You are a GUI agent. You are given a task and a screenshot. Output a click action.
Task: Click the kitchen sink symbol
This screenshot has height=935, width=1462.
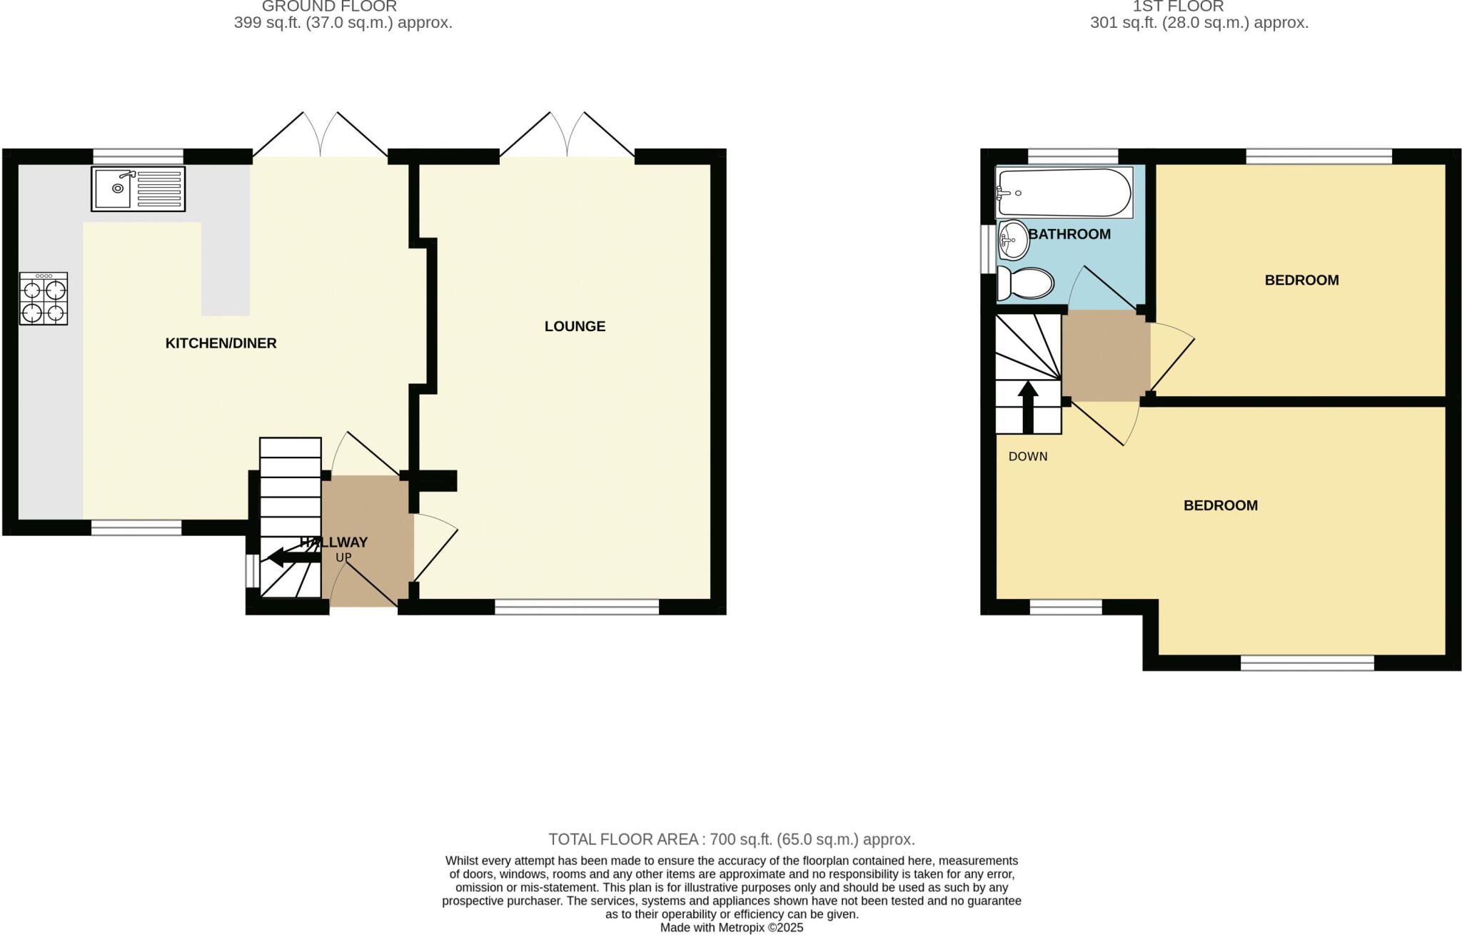coord(138,188)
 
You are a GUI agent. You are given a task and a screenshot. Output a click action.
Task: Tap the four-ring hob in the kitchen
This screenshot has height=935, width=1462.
coord(44,299)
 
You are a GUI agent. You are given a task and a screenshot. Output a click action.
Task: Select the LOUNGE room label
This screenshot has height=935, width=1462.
coord(575,327)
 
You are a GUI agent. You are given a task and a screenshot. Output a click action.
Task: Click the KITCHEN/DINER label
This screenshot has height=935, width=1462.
coord(221,343)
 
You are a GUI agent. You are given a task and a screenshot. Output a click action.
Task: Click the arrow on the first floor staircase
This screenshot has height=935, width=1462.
coord(1028,408)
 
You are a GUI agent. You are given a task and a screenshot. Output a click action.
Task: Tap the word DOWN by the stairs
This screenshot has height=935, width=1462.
coord(1028,457)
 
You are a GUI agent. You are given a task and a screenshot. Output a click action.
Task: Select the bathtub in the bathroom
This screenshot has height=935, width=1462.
coord(1064,193)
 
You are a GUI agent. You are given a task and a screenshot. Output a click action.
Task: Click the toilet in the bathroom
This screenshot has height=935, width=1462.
coord(1025,283)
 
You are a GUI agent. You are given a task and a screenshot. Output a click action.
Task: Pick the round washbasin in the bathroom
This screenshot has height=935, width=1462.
coord(1013,240)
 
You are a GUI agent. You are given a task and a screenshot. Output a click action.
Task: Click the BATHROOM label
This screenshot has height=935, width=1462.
coord(1069,234)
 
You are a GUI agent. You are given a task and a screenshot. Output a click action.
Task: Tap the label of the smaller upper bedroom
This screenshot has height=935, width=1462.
coord(1301,280)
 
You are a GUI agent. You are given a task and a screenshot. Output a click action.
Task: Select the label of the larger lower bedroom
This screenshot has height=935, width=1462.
coord(1220,506)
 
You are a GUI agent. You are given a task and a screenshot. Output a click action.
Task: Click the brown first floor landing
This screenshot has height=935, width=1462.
coord(1106,355)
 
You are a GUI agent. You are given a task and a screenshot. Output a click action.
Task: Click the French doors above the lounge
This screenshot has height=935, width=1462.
coord(567,139)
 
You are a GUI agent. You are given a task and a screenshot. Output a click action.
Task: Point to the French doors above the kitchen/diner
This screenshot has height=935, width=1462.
coord(321,139)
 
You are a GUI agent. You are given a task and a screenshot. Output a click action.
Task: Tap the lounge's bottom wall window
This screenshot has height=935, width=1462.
coord(577,607)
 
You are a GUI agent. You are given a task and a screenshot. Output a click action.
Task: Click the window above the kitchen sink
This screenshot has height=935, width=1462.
coord(138,156)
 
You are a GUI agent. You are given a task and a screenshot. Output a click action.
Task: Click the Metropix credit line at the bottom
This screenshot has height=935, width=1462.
coord(731,928)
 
